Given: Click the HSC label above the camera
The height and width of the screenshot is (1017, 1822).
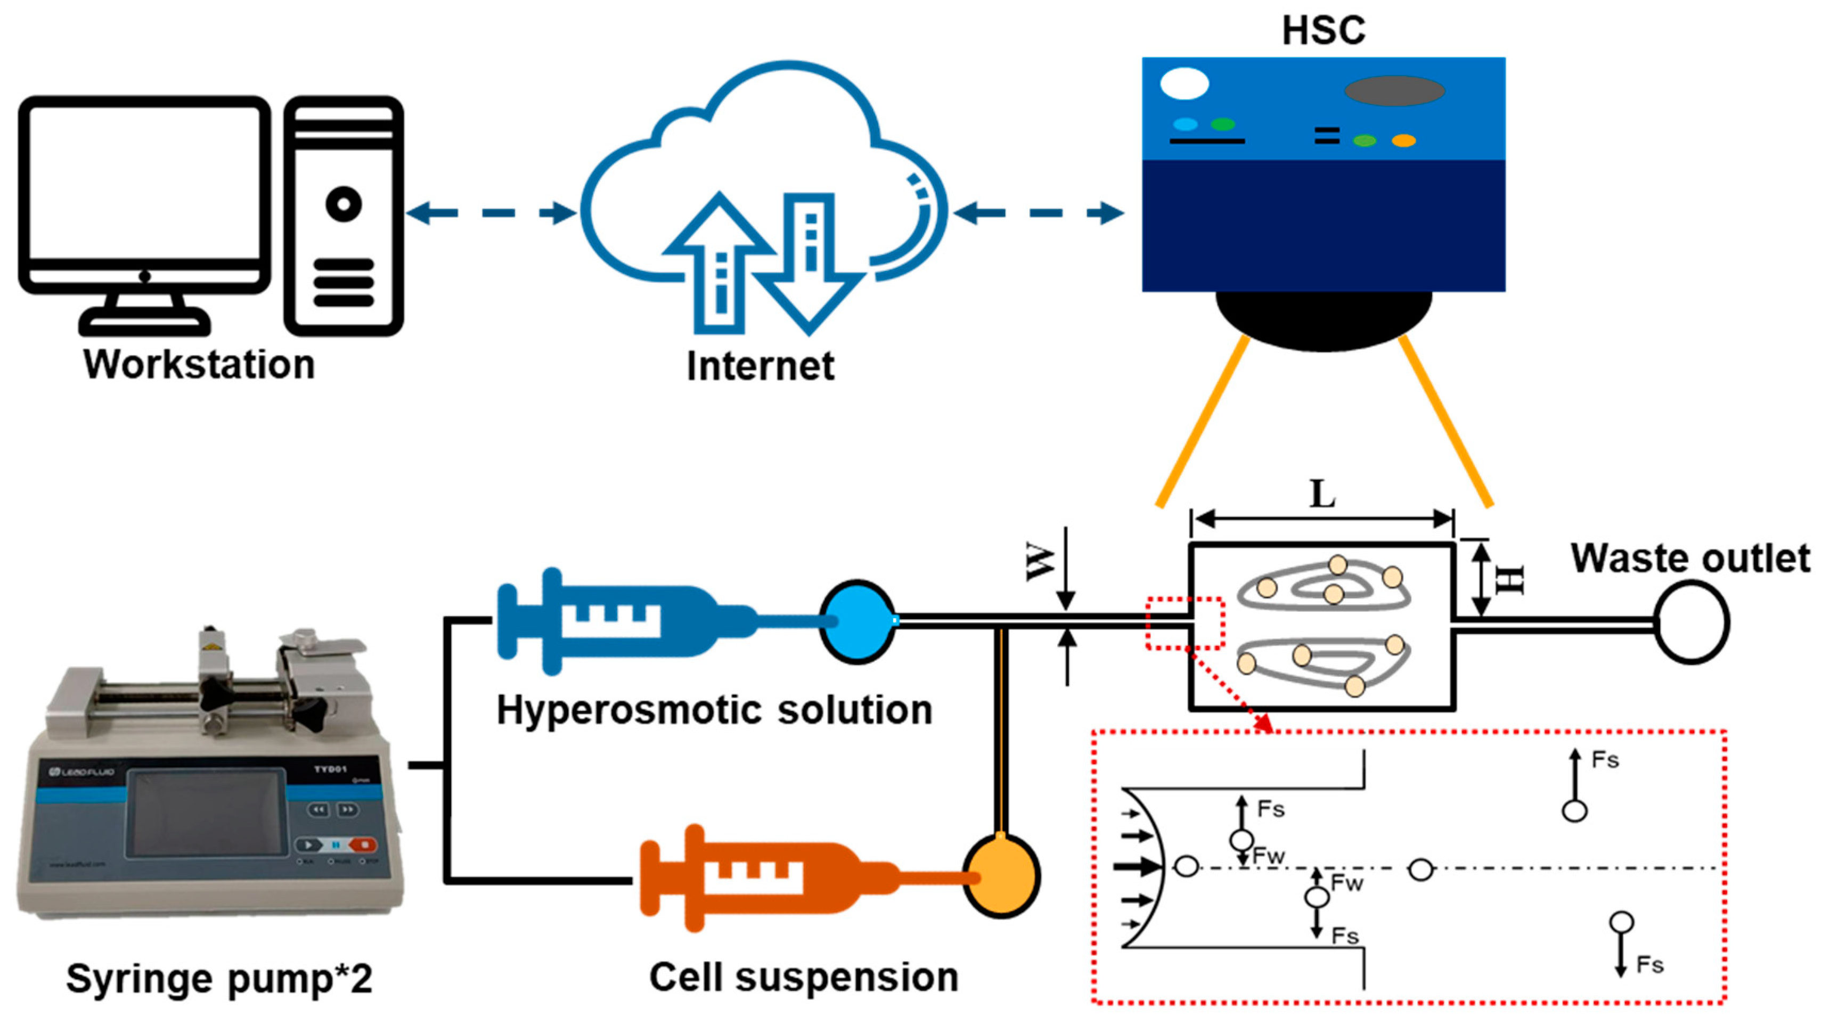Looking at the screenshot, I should point(1322,30).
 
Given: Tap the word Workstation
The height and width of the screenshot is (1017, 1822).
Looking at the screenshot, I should point(200,364).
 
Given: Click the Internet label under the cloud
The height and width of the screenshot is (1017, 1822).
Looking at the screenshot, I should point(761,366).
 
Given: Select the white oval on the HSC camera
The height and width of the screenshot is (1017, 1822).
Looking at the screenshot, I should point(1184,84).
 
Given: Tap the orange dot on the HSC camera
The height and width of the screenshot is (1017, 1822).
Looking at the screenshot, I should point(1403,141).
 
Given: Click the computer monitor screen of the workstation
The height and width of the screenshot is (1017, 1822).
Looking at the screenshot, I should point(144,184).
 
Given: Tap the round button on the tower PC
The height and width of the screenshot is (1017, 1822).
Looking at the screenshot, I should point(344,204).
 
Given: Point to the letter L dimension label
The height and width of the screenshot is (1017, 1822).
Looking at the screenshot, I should point(1322,493).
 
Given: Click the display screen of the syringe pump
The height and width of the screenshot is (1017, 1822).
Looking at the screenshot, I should point(206,813).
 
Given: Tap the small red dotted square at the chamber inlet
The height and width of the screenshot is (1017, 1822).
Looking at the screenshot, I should point(1184,623).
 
